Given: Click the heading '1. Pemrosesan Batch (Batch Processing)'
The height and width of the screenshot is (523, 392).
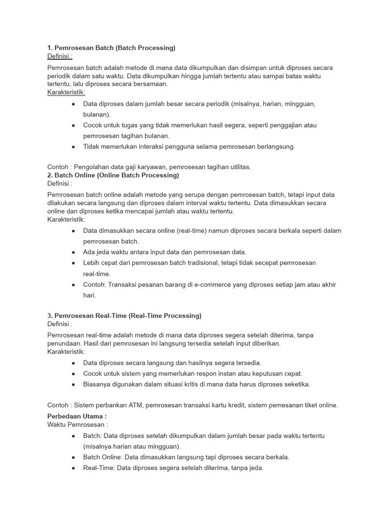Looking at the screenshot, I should pos(111,48).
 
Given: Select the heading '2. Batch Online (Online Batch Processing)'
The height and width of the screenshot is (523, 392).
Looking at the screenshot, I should pos(113,175).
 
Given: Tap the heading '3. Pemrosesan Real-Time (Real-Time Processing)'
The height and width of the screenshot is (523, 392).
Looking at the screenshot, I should pos(124,316).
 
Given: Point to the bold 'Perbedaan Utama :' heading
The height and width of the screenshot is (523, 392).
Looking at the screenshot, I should pos(77,417).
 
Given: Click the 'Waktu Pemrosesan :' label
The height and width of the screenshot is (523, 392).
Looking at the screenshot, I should pos(78,425).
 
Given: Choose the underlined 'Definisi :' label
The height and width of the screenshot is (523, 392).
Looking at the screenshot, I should pos(60,56).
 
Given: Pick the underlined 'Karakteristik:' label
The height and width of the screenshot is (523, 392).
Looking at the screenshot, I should pos(66,92).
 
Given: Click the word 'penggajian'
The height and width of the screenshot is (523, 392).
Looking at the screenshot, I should pos(284,125).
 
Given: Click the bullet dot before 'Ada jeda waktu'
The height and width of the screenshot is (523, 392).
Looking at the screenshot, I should pos(74,252).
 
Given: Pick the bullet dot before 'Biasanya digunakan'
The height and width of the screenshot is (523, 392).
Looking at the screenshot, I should pos(74,385).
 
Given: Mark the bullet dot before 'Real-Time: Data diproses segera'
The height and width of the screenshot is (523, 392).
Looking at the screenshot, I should pos(74,468).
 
